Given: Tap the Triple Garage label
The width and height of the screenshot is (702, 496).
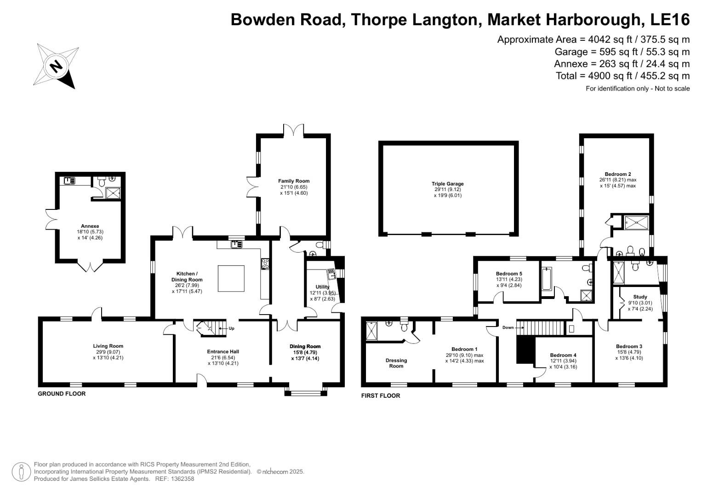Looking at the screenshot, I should click(447, 184).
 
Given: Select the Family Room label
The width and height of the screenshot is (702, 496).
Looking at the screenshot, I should click(294, 181).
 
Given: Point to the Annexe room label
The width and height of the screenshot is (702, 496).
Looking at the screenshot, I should click(90, 226).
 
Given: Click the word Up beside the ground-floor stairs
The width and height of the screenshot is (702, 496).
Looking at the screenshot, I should click(231, 328).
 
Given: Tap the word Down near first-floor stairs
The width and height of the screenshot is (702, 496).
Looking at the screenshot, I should click(508, 327).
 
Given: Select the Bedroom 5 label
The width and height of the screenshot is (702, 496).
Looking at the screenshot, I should click(509, 274).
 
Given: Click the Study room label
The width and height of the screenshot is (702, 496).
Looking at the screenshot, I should click(640, 297).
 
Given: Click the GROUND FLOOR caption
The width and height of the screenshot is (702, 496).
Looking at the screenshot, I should click(62, 394).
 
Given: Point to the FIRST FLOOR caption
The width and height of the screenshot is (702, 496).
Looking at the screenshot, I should click(381, 395).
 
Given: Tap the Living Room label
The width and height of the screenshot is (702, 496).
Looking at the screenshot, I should click(108, 346).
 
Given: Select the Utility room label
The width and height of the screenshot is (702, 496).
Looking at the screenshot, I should click(322, 287).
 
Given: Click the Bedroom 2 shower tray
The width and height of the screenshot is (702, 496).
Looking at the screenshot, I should click(636, 223).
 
